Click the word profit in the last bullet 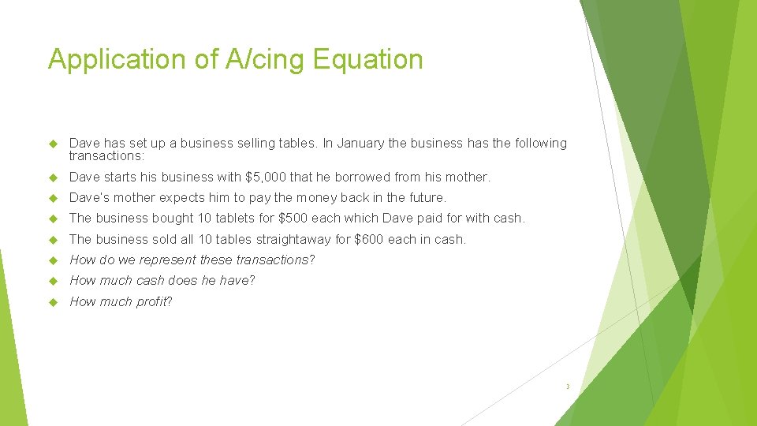coord(152,302)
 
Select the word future coord(424,197)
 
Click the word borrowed coord(365,177)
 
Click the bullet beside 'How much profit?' coord(54,302)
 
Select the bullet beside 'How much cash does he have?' coord(54,281)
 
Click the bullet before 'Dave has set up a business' coord(54,144)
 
